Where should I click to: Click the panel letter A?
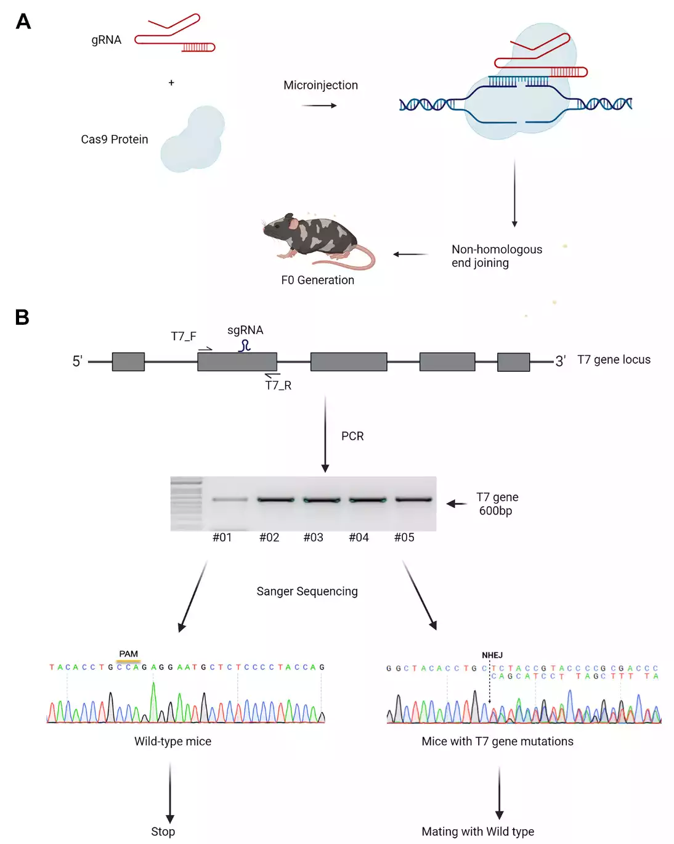23,22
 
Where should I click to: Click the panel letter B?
22,317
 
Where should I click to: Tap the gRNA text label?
106,40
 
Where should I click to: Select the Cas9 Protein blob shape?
192,140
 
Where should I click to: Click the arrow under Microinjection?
319,105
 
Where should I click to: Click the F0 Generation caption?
317,280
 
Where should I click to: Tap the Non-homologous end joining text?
496,256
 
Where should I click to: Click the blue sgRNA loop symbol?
245,346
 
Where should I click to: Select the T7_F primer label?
184,336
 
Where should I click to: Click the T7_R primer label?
278,385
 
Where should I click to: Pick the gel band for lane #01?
230,499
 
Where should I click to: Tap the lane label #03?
313,538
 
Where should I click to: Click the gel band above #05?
413,499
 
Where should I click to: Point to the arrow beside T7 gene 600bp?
457,504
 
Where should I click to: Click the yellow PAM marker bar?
128,661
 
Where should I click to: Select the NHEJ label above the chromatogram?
492,655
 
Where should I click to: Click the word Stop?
163,832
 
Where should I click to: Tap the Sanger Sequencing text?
307,591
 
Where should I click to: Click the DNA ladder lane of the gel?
186,503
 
